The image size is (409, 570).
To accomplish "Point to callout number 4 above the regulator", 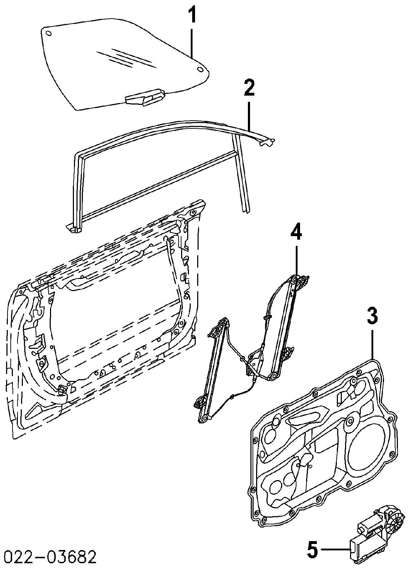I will pos(296,233).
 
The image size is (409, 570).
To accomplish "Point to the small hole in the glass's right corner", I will pos(199,69).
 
